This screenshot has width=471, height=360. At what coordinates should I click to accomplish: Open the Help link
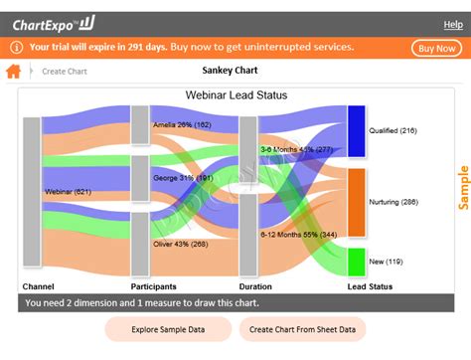[x=452, y=24]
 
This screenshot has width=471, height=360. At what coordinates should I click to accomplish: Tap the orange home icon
[x=14, y=72]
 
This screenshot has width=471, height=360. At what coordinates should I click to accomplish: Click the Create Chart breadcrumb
[x=65, y=72]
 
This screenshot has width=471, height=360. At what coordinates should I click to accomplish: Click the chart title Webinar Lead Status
[x=235, y=95]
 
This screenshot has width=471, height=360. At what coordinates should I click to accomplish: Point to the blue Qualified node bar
[x=356, y=130]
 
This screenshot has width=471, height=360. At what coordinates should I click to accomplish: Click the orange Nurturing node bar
[x=356, y=202]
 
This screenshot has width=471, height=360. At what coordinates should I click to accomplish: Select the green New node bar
[x=356, y=262]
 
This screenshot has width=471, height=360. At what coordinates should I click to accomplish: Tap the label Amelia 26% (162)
[x=182, y=125]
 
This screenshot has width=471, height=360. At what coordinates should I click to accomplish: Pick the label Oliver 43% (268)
[x=181, y=244]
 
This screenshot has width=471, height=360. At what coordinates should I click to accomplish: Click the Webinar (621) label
[x=68, y=191]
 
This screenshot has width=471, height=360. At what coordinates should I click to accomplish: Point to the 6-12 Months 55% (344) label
[x=298, y=235]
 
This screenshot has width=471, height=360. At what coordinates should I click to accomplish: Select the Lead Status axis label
[x=370, y=286]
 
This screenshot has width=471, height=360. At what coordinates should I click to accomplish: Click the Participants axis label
[x=153, y=286]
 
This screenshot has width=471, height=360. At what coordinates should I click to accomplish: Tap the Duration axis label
[x=255, y=286]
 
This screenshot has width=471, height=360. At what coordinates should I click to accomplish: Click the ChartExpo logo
[x=54, y=24]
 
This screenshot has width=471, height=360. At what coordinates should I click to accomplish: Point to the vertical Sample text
[x=463, y=187]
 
